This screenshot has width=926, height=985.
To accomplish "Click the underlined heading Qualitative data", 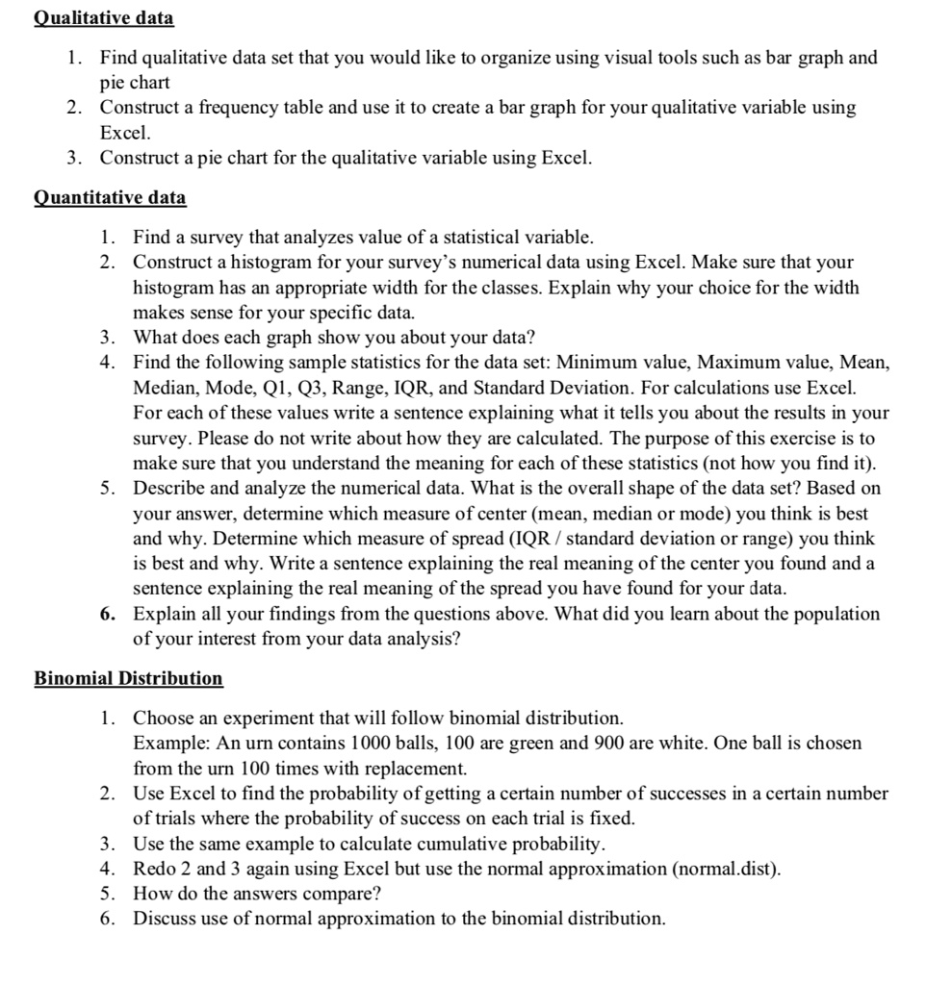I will (104, 18).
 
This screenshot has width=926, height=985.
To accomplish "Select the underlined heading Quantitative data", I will (111, 198).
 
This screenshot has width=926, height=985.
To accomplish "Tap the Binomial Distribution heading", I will (128, 679).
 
